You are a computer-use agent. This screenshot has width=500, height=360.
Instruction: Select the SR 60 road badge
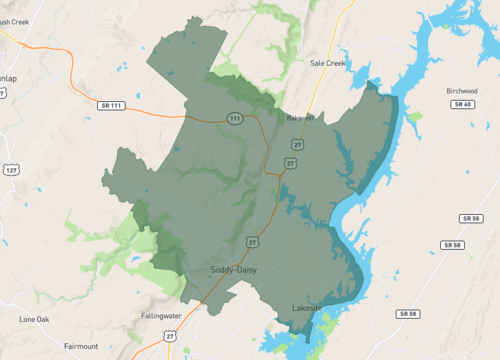click(x=461, y=104)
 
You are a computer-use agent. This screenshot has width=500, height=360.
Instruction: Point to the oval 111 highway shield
click(x=234, y=118)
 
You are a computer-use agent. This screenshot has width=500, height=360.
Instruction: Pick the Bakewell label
click(x=300, y=118)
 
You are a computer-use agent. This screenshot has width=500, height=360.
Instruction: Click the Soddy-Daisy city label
click(x=237, y=270)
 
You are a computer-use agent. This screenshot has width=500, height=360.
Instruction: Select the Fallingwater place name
click(x=161, y=316)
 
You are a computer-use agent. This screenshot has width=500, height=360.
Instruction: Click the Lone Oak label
click(x=34, y=319)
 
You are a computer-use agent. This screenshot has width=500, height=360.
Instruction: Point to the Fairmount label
click(x=81, y=346)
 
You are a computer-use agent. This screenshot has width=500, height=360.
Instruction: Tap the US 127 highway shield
click(x=10, y=170)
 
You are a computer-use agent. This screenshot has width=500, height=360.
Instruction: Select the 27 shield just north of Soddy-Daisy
click(x=252, y=241)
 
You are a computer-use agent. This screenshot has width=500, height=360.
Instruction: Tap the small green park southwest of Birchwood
click(x=414, y=118)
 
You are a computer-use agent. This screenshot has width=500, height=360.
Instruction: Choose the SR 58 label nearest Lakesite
click(x=406, y=314)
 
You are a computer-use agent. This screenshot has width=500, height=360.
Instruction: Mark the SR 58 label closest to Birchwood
click(x=471, y=218)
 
